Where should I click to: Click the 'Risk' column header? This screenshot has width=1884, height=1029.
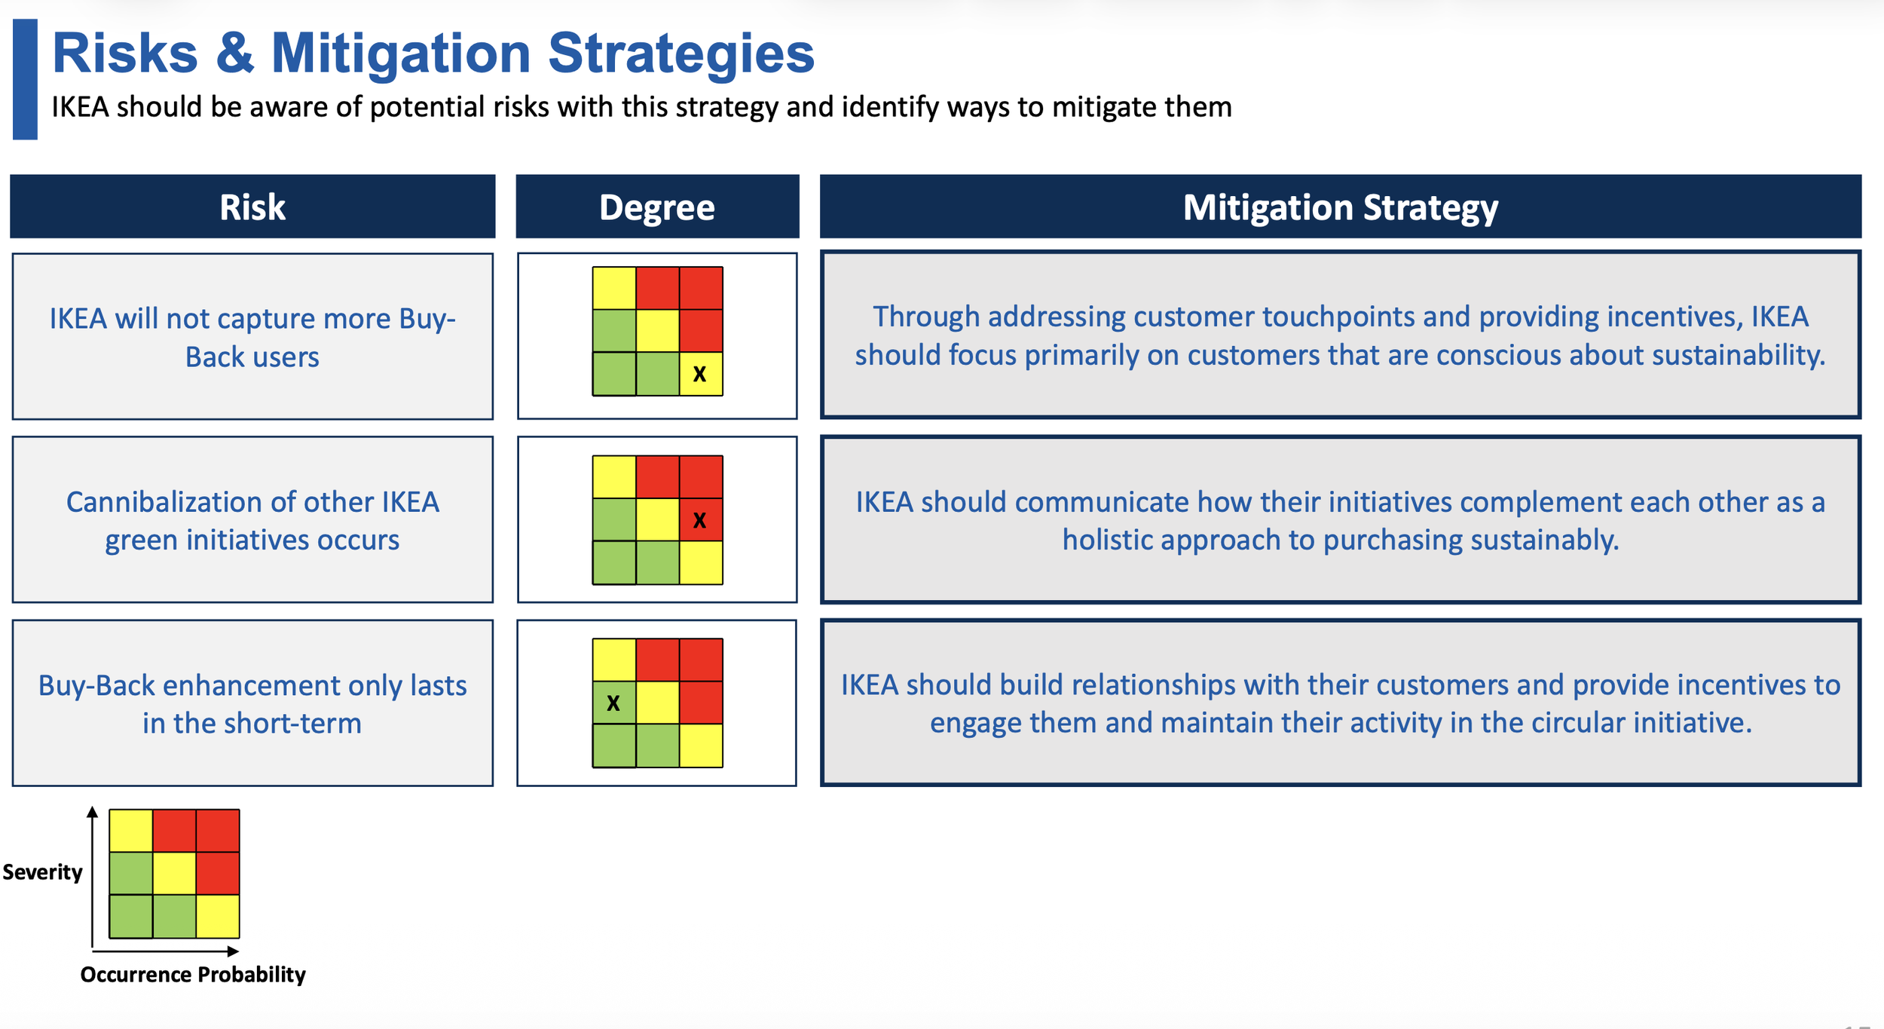pyautogui.click(x=252, y=207)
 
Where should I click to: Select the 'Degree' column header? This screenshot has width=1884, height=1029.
pyautogui.click(x=657, y=207)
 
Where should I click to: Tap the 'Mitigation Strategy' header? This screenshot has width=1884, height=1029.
pyautogui.click(x=1340, y=207)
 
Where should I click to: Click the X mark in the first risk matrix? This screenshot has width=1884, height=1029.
pyautogui.click(x=699, y=374)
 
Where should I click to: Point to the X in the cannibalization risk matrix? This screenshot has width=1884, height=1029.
pyautogui.click(x=699, y=520)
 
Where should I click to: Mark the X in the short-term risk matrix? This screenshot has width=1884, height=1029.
pyautogui.click(x=613, y=703)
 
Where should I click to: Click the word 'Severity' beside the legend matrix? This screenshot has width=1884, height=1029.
pyautogui.click(x=42, y=872)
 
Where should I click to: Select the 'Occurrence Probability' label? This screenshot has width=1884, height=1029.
pyautogui.click(x=193, y=975)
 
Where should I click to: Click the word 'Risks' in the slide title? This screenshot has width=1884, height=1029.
pyautogui.click(x=125, y=54)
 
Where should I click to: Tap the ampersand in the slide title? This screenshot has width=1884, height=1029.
pyautogui.click(x=235, y=54)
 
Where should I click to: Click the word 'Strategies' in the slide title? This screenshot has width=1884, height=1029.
pyautogui.click(x=681, y=54)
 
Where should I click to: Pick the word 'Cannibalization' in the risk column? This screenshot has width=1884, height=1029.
pyautogui.click(x=164, y=502)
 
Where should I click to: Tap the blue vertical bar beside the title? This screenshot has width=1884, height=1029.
pyautogui.click(x=25, y=79)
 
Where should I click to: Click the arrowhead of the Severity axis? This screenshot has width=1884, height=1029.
pyautogui.click(x=92, y=812)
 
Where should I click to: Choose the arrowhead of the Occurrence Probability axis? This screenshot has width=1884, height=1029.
pyautogui.click(x=234, y=951)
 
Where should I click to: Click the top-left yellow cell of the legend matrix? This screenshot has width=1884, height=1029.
pyautogui.click(x=131, y=831)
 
